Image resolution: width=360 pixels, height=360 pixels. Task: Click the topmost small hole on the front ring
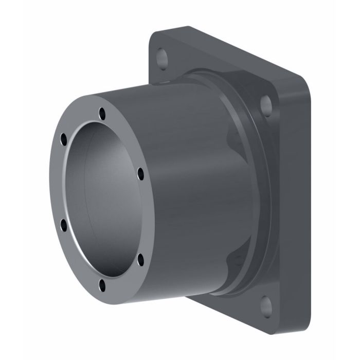pyautogui.click(x=102, y=112)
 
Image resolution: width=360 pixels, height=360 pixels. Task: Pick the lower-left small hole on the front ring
pyautogui.click(x=64, y=224)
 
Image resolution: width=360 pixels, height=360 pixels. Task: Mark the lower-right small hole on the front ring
pyautogui.click(x=139, y=257)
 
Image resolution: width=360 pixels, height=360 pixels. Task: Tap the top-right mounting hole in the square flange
pyautogui.click(x=266, y=104)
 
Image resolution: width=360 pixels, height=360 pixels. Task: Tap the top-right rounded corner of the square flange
pyautogui.click(x=303, y=93)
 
